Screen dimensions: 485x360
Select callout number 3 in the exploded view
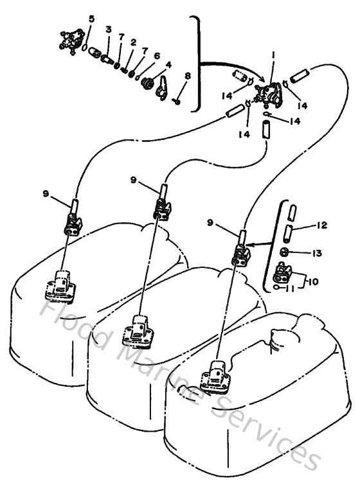[109, 30]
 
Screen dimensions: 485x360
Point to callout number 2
[133, 42]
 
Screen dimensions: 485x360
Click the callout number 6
[157, 56]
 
